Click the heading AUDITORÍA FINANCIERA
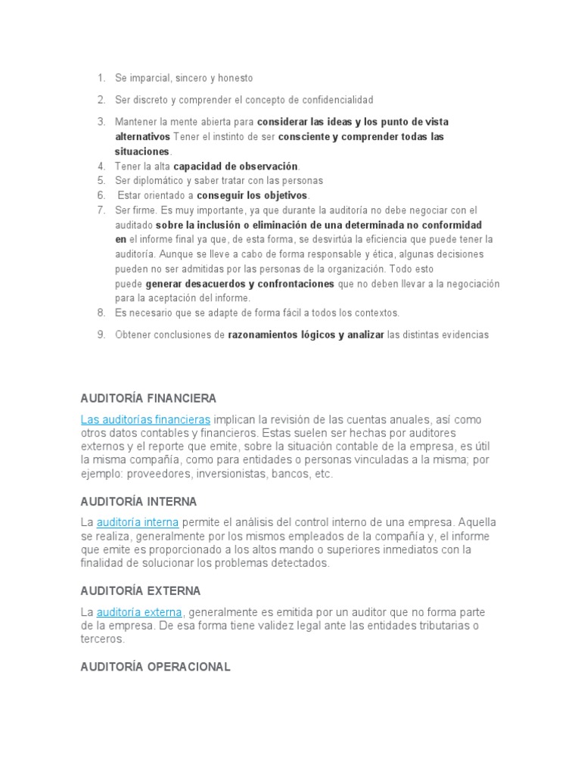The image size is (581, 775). [148, 398]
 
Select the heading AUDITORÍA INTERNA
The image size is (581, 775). [138, 501]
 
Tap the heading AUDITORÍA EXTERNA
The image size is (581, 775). [140, 590]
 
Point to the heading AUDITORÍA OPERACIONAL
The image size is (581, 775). [155, 668]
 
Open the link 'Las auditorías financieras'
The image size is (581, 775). [145, 419]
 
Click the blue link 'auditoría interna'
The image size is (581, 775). [138, 522]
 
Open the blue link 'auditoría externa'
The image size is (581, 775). [140, 612]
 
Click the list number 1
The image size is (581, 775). [100, 78]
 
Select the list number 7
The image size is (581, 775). [100, 210]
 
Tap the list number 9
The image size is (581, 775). [100, 335]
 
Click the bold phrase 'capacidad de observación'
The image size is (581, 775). [236, 167]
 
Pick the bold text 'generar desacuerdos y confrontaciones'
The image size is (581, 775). [240, 284]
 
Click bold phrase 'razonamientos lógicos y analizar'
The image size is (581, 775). [306, 335]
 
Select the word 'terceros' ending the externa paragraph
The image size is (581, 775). [101, 639]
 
